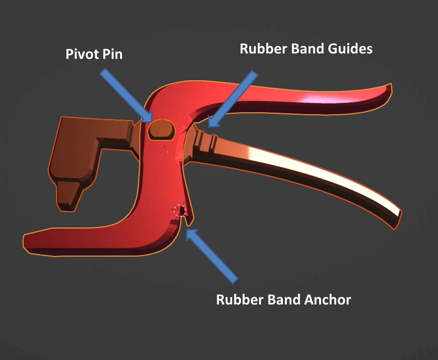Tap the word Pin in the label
click(112, 54)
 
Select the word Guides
click(350, 49)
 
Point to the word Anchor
click(327, 299)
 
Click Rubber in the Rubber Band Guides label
click(263, 49)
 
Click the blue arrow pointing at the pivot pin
click(126, 95)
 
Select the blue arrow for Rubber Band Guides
click(233, 98)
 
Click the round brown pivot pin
click(162, 130)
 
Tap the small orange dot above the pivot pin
click(162, 118)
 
